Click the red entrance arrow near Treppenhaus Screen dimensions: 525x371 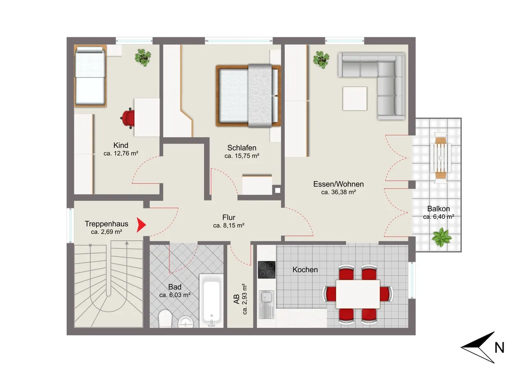point(142,225)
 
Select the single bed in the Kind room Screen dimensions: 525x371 point(90,76)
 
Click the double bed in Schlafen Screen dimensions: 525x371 point(248,96)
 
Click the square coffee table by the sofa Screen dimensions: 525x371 point(355,98)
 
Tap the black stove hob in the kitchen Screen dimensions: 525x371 point(267,270)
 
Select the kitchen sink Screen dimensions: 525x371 point(266,304)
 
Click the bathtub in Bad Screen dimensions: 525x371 point(211,301)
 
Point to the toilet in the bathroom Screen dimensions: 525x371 point(165,319)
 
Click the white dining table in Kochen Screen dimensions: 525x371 point(358,294)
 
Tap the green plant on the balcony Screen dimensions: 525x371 point(441,237)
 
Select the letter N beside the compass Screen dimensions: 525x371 point(499,348)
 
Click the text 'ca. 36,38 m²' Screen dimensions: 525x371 point(338,192)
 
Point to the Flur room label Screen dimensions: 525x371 point(229,217)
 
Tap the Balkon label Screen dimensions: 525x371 point(438,208)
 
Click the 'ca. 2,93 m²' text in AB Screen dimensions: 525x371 point(244,299)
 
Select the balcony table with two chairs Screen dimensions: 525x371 point(441,158)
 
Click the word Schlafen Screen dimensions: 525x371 point(242,148)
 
